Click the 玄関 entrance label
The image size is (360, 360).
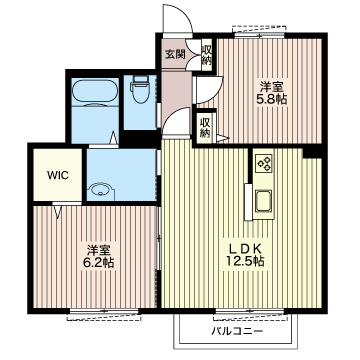pyautogui.click(x=175, y=55)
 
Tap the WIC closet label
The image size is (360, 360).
pyautogui.click(x=58, y=175)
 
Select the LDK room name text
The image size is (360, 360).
pyautogui.click(x=244, y=249)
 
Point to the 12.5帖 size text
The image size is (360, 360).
pyautogui.click(x=245, y=261)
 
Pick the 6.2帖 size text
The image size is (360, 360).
pyautogui.click(x=99, y=263)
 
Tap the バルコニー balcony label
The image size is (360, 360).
pyautogui.click(x=237, y=332)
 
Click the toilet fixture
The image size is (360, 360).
pyautogui.click(x=140, y=89)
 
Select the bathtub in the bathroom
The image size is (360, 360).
pyautogui.click(x=95, y=93)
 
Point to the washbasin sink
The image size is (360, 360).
pyautogui.click(x=101, y=192)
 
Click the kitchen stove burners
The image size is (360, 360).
pyautogui.click(x=264, y=164)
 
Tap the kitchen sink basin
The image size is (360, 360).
pyautogui.click(x=263, y=201)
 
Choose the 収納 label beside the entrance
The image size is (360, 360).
pyautogui.click(x=206, y=55)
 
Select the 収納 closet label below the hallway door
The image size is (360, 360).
pyautogui.click(x=204, y=128)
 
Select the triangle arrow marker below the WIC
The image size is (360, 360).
pyautogui.click(x=57, y=212)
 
